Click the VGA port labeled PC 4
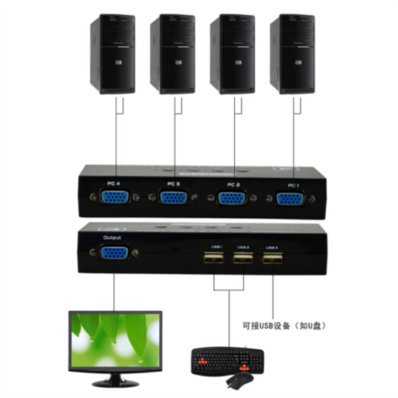click(115, 197)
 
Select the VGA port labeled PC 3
click(174, 198)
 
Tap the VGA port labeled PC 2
click(232, 198)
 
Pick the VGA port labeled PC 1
click(291, 199)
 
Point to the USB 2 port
click(243, 259)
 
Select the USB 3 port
click(272, 259)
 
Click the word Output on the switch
click(112, 238)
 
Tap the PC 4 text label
click(113, 183)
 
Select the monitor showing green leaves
click(115, 341)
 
